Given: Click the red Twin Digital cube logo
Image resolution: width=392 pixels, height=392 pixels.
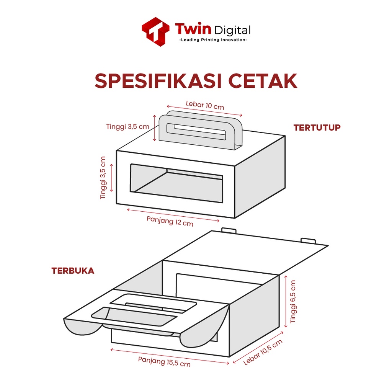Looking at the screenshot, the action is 155,31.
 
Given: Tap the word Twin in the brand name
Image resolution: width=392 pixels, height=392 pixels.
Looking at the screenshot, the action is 193,29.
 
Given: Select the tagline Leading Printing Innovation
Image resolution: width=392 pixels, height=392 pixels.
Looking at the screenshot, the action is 213,40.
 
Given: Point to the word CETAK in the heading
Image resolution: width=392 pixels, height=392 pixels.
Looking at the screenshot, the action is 263,81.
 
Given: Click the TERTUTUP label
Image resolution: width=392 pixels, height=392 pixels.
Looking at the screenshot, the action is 317,128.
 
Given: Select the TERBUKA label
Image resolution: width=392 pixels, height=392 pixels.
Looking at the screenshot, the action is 73,271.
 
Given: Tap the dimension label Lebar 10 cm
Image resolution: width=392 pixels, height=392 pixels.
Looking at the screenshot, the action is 205,105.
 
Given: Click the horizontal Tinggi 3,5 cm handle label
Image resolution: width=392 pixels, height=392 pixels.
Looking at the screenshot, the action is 128,126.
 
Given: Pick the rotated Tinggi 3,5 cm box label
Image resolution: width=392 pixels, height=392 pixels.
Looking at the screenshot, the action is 103,178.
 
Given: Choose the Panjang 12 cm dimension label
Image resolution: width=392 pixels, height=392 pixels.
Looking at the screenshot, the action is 170,221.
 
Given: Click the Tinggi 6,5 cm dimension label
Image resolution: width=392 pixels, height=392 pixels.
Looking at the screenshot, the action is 293,302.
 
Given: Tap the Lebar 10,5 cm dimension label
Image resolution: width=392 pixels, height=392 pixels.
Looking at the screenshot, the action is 263,352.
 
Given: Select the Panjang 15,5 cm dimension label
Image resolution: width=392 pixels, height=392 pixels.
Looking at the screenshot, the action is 164,361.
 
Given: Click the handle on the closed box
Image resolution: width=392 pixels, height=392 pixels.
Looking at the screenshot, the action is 201,131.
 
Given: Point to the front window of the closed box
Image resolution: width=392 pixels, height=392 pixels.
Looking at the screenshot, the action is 176,183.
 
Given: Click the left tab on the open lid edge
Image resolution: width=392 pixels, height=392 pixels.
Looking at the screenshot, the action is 229,230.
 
